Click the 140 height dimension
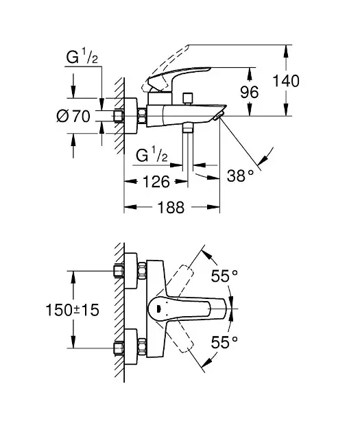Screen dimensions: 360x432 (x=286, y=81)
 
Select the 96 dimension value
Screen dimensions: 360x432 (x=250, y=92)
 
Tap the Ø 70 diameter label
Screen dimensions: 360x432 (x=73, y=117)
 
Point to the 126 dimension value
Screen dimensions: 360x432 (x=156, y=182)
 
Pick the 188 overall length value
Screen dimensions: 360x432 (x=171, y=207)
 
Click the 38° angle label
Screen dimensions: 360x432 (x=240, y=176)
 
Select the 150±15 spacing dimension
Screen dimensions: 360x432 (x=72, y=310)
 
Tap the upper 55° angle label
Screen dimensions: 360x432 (x=224, y=276)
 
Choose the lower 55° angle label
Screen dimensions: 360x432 (x=224, y=342)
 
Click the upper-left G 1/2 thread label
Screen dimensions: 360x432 (x=82, y=58)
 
